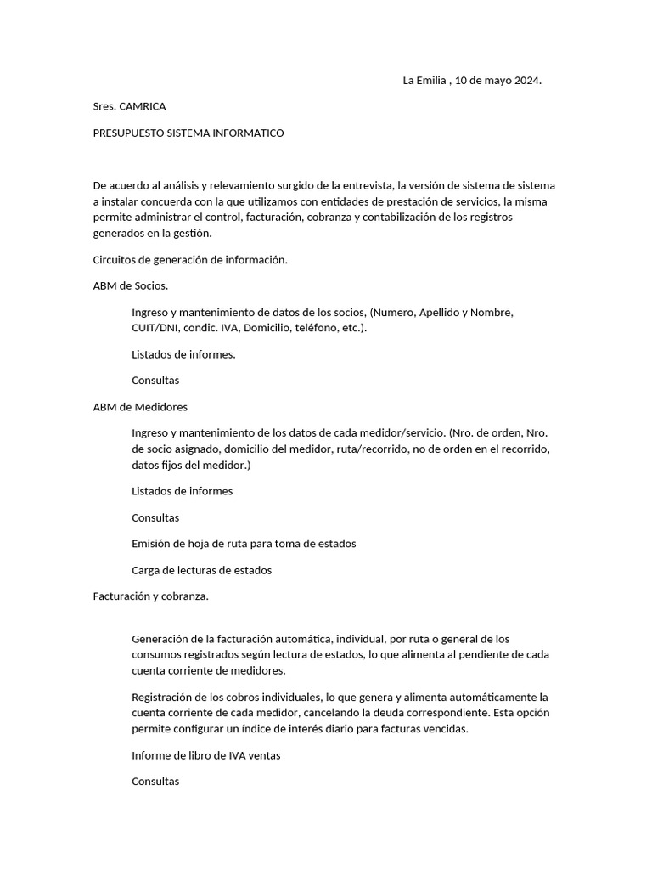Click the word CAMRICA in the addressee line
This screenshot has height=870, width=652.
point(143,106)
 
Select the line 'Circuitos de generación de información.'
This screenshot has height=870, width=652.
point(190,260)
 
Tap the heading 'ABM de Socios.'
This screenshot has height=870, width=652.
point(131,286)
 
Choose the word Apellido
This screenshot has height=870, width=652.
point(438,312)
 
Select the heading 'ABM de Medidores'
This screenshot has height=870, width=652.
point(140,407)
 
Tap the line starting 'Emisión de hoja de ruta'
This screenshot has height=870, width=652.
point(244,544)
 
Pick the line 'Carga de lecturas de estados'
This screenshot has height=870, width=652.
point(201,570)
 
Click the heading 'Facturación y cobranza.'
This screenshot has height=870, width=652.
point(150,596)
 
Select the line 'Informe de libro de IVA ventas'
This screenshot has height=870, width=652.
point(206,755)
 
